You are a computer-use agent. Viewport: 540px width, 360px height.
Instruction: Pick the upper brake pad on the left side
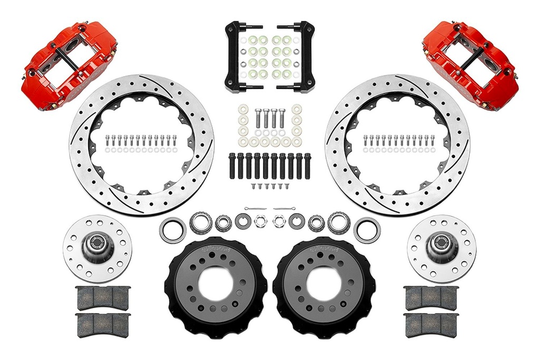pos(103,298)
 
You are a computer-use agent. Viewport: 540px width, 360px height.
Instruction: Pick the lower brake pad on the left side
pos(103,325)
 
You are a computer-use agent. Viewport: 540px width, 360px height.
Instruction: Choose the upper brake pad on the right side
pos(431,298)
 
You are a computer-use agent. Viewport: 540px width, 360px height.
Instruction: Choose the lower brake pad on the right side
pos(431,325)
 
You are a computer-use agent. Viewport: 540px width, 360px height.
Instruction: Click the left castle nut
pos(259,221)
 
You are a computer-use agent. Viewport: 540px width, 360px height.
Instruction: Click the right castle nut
pos(279,221)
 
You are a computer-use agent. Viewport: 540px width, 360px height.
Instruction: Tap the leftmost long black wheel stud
pos(232,166)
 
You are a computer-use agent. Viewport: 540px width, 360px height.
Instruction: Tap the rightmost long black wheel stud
pos(307,166)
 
